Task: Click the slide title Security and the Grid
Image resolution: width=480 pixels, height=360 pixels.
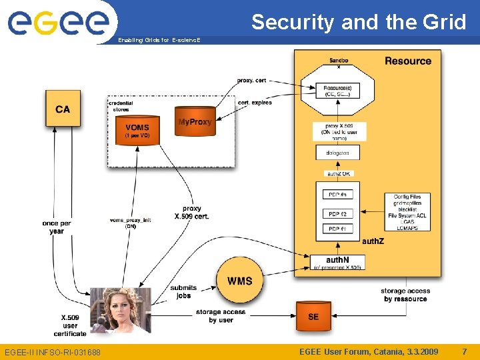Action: click(359, 22)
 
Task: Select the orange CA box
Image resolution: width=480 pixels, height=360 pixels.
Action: click(63, 109)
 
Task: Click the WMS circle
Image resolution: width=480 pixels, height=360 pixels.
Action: click(239, 281)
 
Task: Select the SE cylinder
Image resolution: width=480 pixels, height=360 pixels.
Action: click(313, 317)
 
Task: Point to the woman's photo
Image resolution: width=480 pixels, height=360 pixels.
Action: click(120, 310)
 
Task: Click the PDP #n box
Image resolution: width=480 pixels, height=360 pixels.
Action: click(337, 195)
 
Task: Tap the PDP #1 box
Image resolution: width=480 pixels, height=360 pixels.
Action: click(337, 229)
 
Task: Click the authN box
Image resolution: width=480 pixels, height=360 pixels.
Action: click(337, 263)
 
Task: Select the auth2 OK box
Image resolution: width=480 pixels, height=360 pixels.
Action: click(337, 173)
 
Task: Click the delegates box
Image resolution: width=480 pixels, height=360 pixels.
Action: click(337, 153)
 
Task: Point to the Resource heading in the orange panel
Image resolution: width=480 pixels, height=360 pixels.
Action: click(407, 61)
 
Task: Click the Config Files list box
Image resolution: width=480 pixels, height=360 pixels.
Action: click(407, 212)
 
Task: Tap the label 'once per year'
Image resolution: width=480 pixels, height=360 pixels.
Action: click(57, 227)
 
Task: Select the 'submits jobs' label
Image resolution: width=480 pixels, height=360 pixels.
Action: click(183, 291)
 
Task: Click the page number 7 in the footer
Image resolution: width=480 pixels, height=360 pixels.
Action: click(465, 351)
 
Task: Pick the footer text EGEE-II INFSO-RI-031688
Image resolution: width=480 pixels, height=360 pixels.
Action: click(53, 352)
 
